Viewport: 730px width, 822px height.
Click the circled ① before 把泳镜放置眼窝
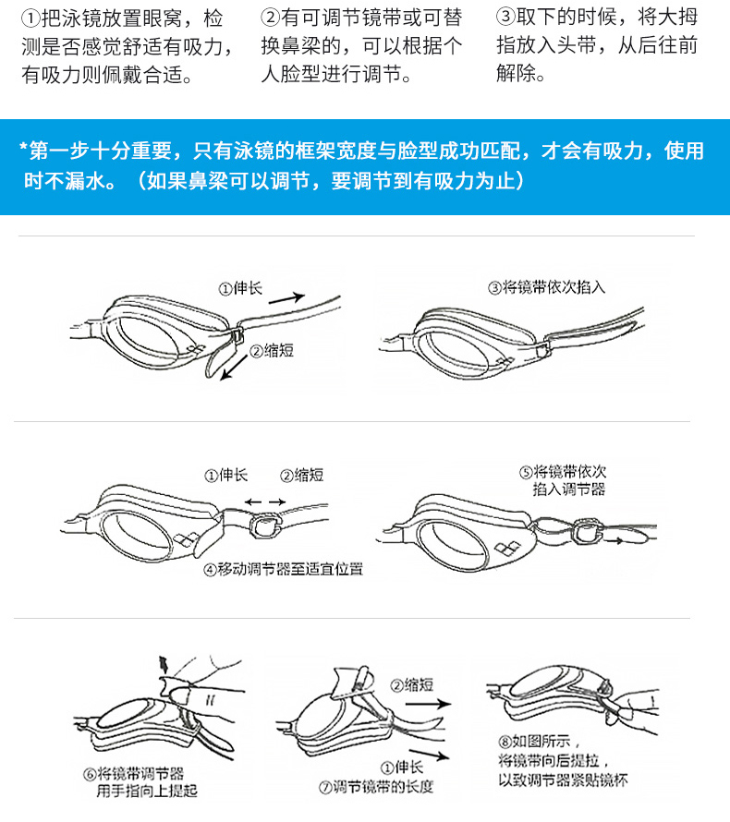point(30,18)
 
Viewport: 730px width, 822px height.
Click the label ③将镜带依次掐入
point(546,287)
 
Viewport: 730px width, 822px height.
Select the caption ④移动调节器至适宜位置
point(283,569)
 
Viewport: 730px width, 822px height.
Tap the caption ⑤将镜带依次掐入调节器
point(564,480)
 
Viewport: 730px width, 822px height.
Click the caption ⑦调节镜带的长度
point(376,787)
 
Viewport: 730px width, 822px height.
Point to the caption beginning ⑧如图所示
point(563,761)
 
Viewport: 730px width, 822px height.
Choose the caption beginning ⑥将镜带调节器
point(140,782)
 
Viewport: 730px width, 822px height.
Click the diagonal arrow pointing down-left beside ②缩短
point(234,368)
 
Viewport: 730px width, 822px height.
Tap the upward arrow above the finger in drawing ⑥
point(164,664)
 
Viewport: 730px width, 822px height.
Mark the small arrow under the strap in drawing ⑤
point(614,540)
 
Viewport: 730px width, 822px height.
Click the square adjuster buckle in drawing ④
point(265,526)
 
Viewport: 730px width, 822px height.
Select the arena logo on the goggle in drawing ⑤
point(507,548)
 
